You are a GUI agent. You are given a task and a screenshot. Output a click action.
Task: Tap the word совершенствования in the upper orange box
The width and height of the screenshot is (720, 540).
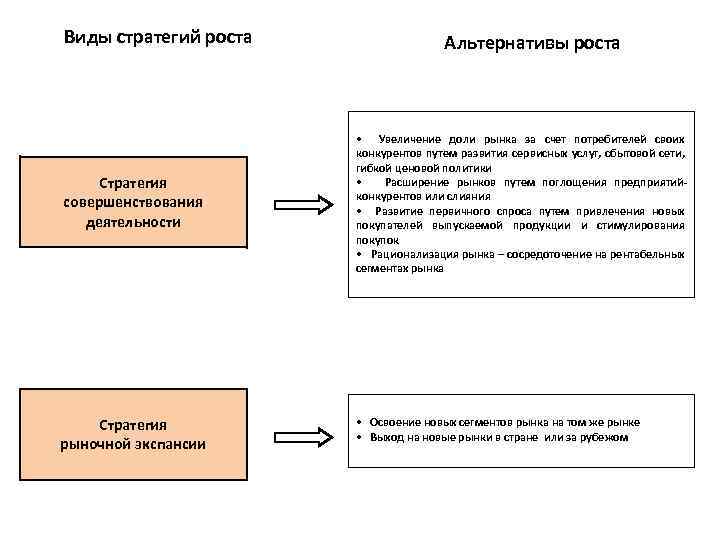(132, 202)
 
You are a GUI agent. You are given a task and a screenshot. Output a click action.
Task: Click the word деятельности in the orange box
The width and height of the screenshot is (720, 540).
(132, 221)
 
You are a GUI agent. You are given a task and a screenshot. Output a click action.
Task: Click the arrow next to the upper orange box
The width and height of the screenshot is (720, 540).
(304, 204)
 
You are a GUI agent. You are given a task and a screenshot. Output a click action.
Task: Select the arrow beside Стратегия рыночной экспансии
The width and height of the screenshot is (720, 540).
(304, 436)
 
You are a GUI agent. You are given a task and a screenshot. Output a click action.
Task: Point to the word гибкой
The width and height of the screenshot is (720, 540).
(371, 169)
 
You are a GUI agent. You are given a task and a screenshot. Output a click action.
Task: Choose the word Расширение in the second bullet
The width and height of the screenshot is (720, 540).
(412, 183)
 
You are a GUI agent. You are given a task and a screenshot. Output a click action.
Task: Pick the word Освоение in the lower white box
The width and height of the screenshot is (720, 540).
(390, 422)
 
